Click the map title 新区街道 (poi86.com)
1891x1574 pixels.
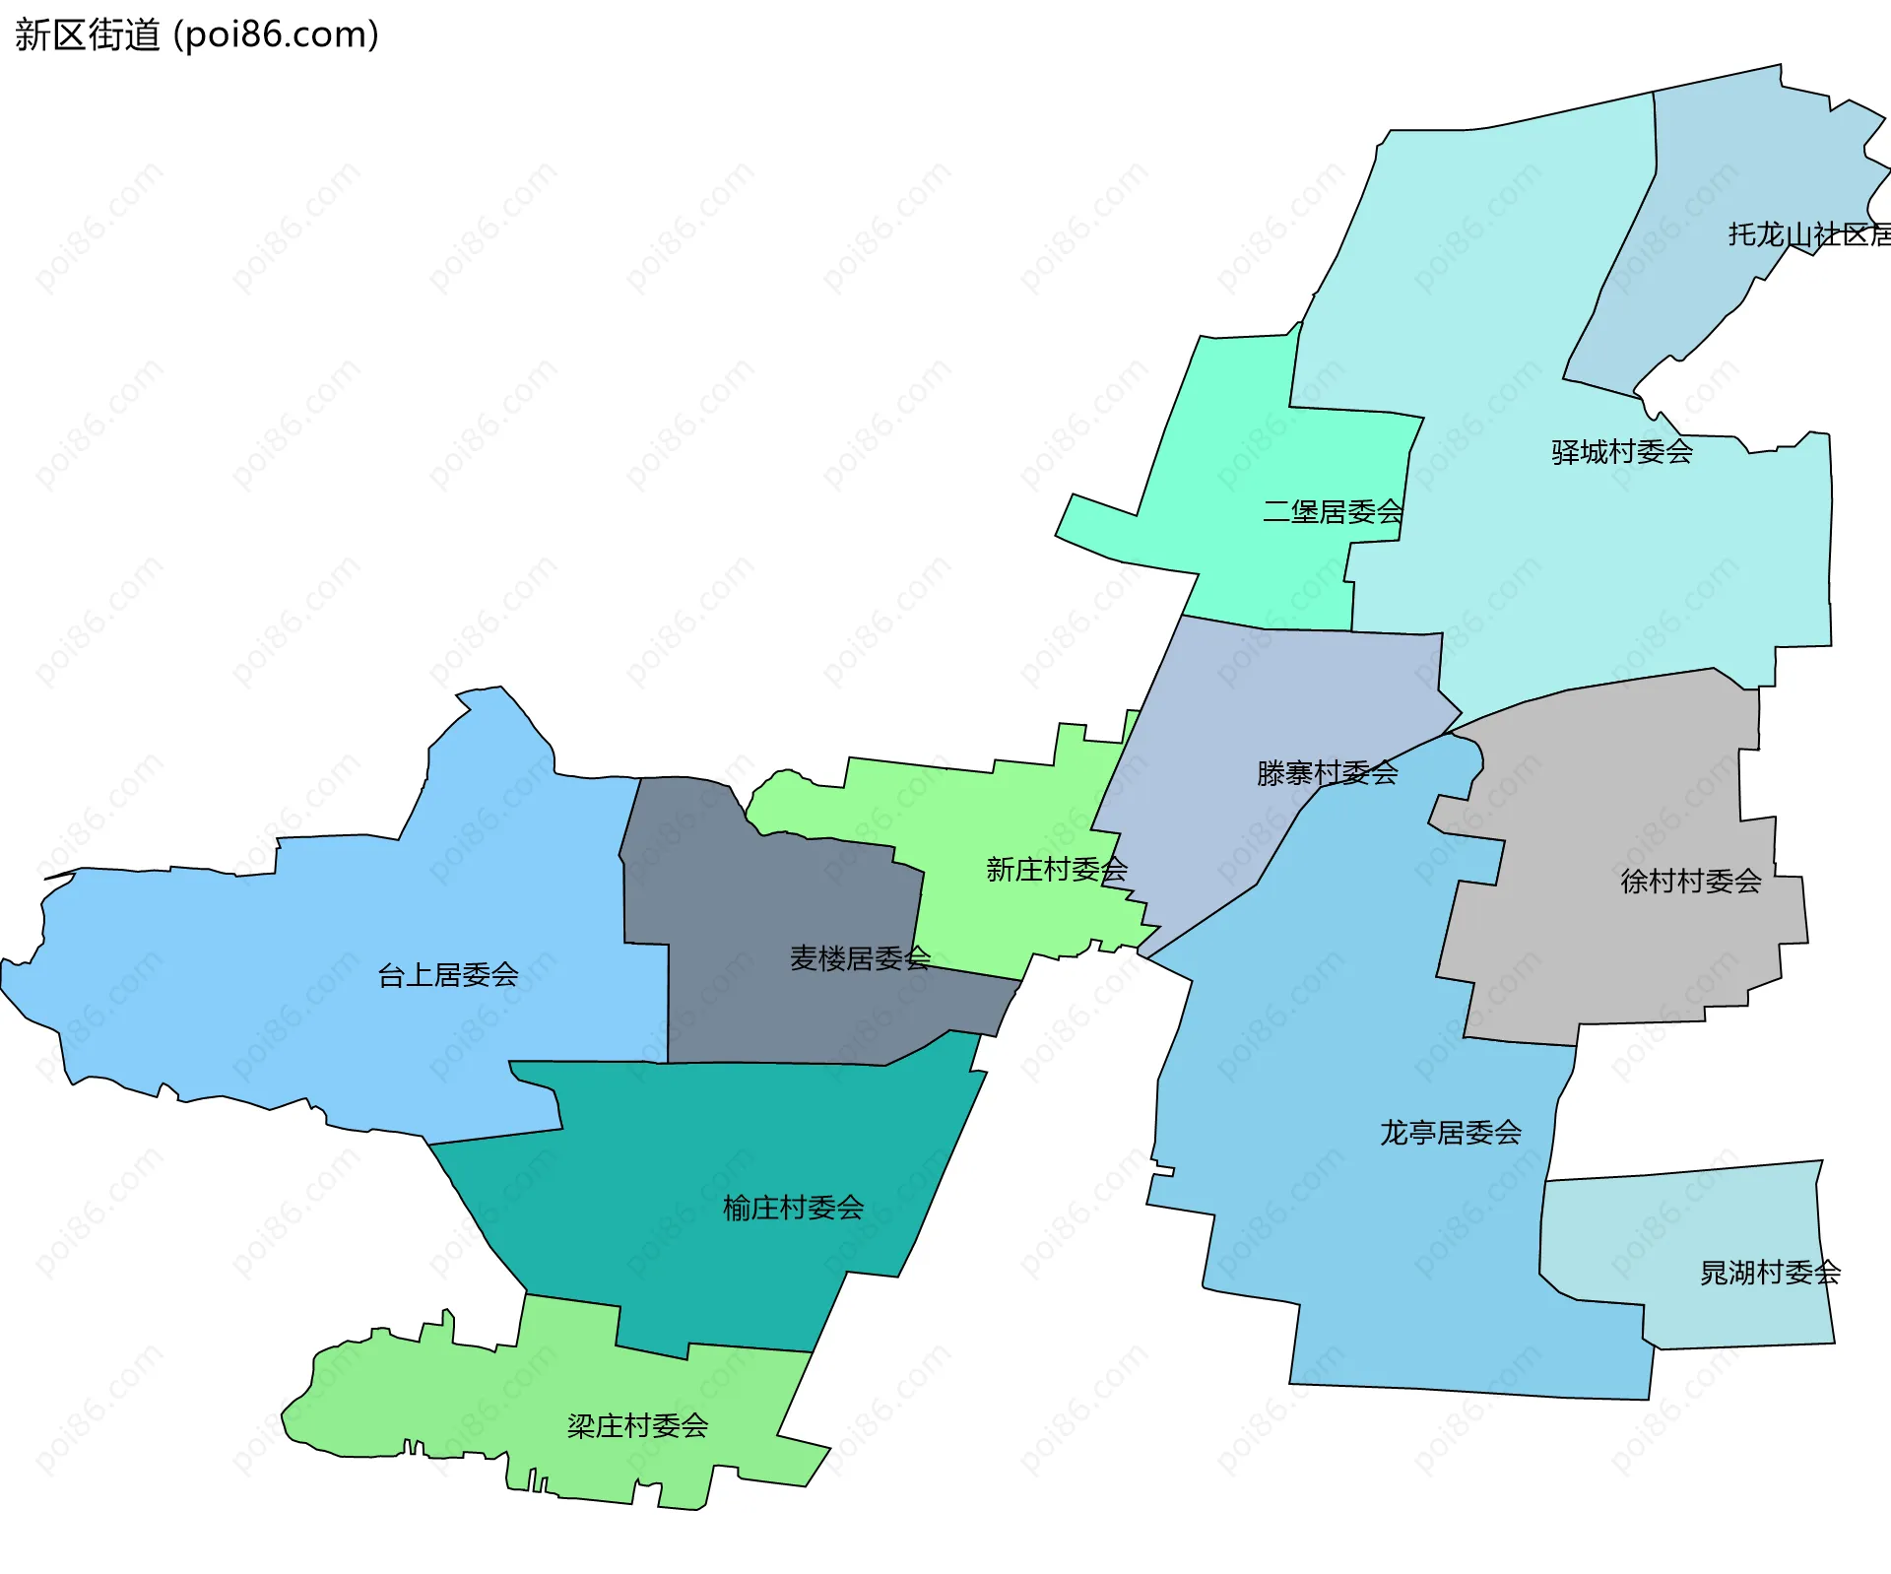pyautogui.click(x=197, y=35)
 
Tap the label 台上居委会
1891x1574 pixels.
pyautogui.click(x=448, y=975)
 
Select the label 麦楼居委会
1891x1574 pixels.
pyautogui.click(x=860, y=958)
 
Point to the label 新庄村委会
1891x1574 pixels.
pyautogui.click(x=1057, y=870)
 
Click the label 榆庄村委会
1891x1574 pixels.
pyautogui.click(x=793, y=1208)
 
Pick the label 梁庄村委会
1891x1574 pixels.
pyautogui.click(x=637, y=1425)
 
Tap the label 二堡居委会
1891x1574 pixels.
pyautogui.click(x=1333, y=512)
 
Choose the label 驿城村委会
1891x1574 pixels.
pyautogui.click(x=1621, y=452)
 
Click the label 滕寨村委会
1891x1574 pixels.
pyautogui.click(x=1327, y=773)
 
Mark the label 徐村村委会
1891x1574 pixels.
pyautogui.click(x=1691, y=882)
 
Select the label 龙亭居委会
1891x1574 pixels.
pyautogui.click(x=1451, y=1133)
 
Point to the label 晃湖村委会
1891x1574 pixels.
pyautogui.click(x=1770, y=1273)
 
